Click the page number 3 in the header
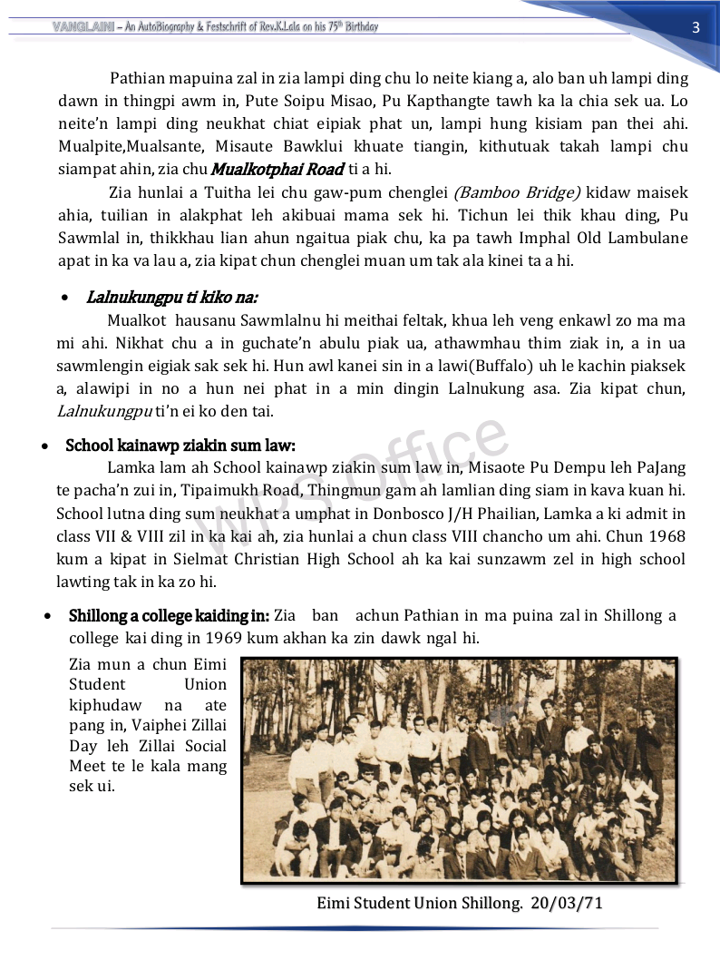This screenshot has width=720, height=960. (696, 27)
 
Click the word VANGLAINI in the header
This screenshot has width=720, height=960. (76, 27)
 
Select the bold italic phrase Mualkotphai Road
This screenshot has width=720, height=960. (277, 169)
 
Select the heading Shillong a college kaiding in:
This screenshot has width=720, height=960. (169, 616)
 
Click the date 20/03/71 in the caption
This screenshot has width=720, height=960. (567, 903)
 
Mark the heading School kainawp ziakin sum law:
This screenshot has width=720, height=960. (180, 446)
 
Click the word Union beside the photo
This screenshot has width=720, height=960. (205, 685)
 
